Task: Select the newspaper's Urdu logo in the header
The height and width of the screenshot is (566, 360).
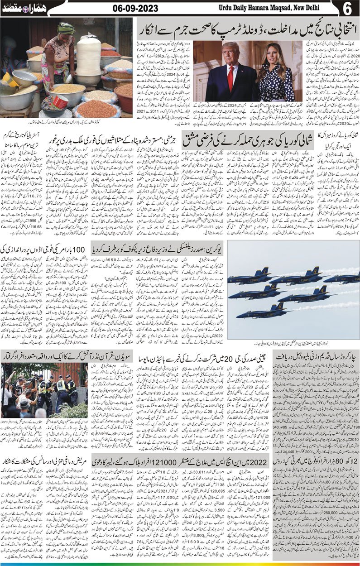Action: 20,8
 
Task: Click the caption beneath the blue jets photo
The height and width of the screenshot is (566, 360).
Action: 294,343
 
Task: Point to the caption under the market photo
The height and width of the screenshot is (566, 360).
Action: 66,121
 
